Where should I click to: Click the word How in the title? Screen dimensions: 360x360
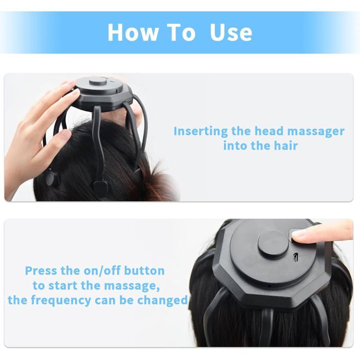coord(133,32)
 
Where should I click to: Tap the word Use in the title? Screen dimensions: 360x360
coord(231,32)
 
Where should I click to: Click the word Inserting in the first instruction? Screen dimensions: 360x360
coord(201,132)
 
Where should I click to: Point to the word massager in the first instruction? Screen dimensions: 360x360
coord(316,132)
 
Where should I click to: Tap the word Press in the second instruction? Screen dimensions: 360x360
coord(41,271)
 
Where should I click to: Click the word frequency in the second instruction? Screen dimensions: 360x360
coord(61,300)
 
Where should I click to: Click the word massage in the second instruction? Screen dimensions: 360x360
coord(132,286)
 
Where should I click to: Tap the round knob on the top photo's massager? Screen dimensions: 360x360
coord(98,81)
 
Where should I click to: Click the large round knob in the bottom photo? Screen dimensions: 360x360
coord(273,244)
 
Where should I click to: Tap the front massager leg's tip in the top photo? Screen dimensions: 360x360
coord(101,186)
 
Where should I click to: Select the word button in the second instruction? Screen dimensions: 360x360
coord(145,271)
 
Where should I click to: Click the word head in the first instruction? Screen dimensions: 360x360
coord(269,131)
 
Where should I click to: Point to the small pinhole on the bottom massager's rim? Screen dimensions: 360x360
coord(269,286)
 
